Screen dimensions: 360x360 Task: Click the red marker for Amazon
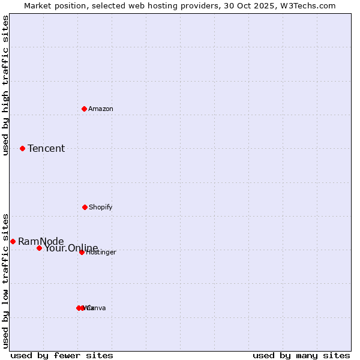point(84,109)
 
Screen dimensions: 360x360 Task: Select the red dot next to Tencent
point(22,148)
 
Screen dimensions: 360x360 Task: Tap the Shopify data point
point(85,207)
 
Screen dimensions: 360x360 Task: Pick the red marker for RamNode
point(13,241)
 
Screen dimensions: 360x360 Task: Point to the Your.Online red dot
point(39,248)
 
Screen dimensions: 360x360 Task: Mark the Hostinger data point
point(82,252)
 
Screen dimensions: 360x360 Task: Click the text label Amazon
point(101,109)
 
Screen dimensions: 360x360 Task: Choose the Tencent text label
point(46,149)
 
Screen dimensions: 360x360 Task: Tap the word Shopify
point(101,207)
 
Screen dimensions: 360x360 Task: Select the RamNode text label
point(41,241)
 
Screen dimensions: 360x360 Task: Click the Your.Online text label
point(71,248)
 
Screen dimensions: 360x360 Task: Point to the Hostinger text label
point(101,253)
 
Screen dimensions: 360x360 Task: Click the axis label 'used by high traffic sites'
point(6,85)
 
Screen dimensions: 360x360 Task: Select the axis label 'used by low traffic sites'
point(6,281)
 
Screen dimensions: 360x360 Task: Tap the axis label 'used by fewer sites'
point(62,355)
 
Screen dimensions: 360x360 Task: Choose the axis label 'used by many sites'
point(301,355)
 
